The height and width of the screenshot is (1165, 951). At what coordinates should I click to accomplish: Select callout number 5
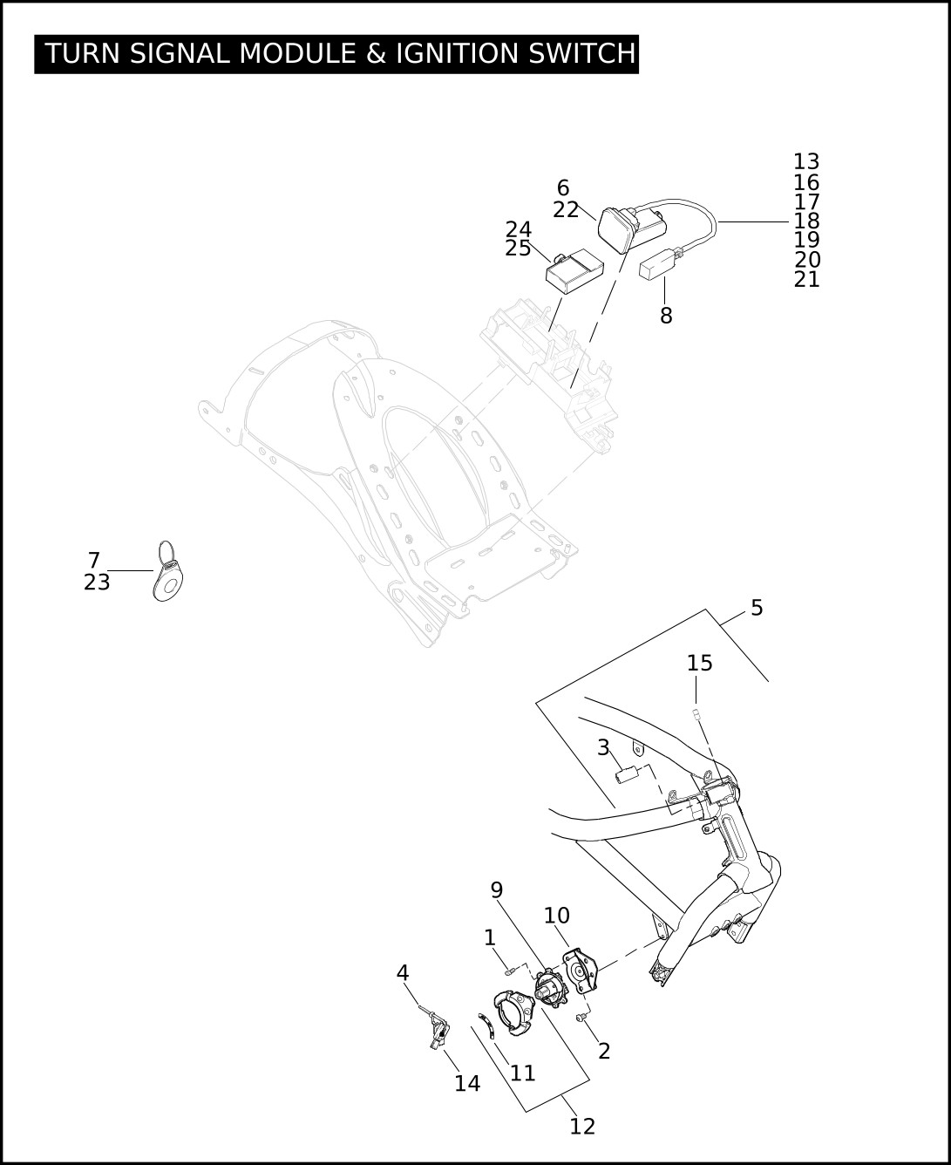[x=757, y=608]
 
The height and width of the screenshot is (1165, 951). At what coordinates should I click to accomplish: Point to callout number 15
[x=700, y=663]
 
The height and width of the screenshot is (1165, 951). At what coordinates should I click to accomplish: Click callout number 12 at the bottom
[x=582, y=1127]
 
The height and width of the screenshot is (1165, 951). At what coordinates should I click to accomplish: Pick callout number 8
[x=667, y=316]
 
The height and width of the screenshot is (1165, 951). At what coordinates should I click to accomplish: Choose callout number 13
[x=806, y=162]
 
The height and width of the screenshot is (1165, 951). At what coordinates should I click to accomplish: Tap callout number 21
[x=807, y=280]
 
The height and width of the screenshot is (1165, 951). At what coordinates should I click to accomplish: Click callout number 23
[x=98, y=582]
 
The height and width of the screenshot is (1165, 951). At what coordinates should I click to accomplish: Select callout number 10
[x=557, y=916]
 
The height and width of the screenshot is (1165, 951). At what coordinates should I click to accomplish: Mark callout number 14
[x=467, y=1084]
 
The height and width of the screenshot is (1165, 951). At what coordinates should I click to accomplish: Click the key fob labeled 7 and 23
[x=167, y=572]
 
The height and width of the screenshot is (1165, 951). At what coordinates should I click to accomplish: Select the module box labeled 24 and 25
[x=574, y=271]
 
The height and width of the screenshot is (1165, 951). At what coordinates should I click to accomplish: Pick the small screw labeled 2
[x=581, y=1018]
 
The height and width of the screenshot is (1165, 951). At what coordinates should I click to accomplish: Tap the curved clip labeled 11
[x=486, y=1025]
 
